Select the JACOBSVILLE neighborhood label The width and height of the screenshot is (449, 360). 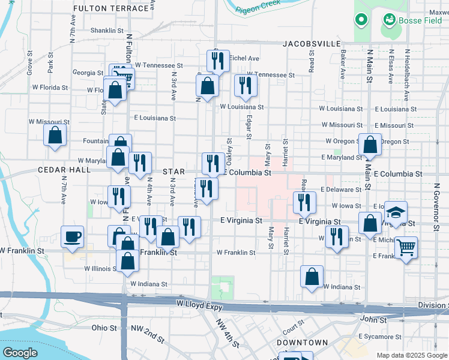pyautogui.click(x=312, y=44)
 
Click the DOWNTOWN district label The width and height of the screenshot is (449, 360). pyautogui.click(x=303, y=343)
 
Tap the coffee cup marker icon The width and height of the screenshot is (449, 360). pyautogui.click(x=72, y=236)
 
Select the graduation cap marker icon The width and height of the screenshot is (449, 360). pyautogui.click(x=396, y=212)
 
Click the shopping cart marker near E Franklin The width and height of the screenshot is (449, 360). pyautogui.click(x=406, y=246)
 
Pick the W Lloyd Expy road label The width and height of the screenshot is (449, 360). pyautogui.click(x=200, y=305)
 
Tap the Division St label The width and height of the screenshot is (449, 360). pyautogui.click(x=433, y=305)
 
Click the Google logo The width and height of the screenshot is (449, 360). pyautogui.click(x=20, y=353)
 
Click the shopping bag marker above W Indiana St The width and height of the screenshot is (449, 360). pyautogui.click(x=312, y=276)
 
